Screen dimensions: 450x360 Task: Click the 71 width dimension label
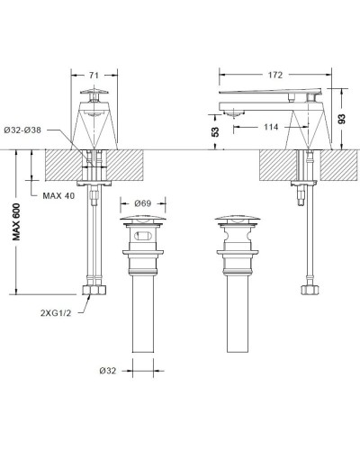pyautogui.click(x=94, y=76)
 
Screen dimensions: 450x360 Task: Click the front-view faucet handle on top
pyautogui.click(x=94, y=93)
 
